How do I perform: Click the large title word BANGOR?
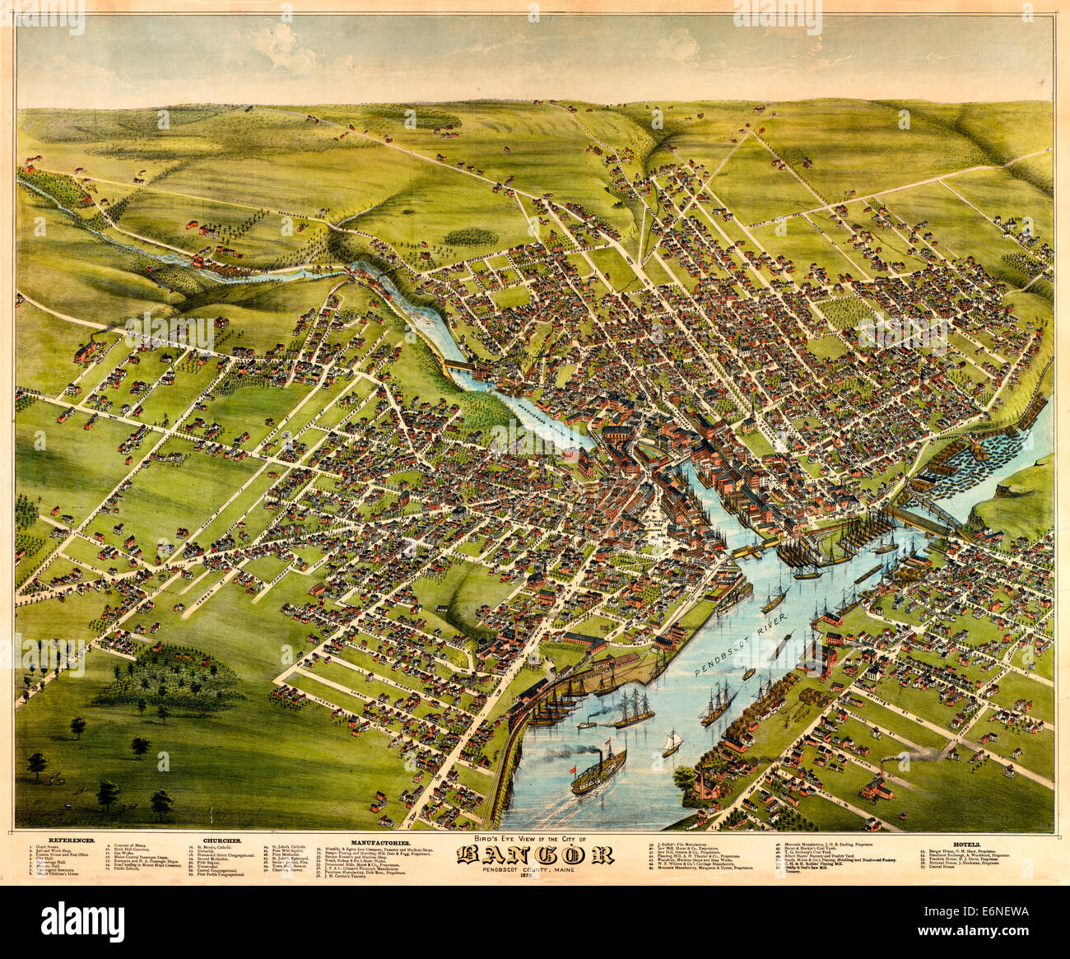click(535, 855)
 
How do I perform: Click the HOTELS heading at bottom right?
click(966, 844)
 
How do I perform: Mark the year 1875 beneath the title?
click(534, 880)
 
